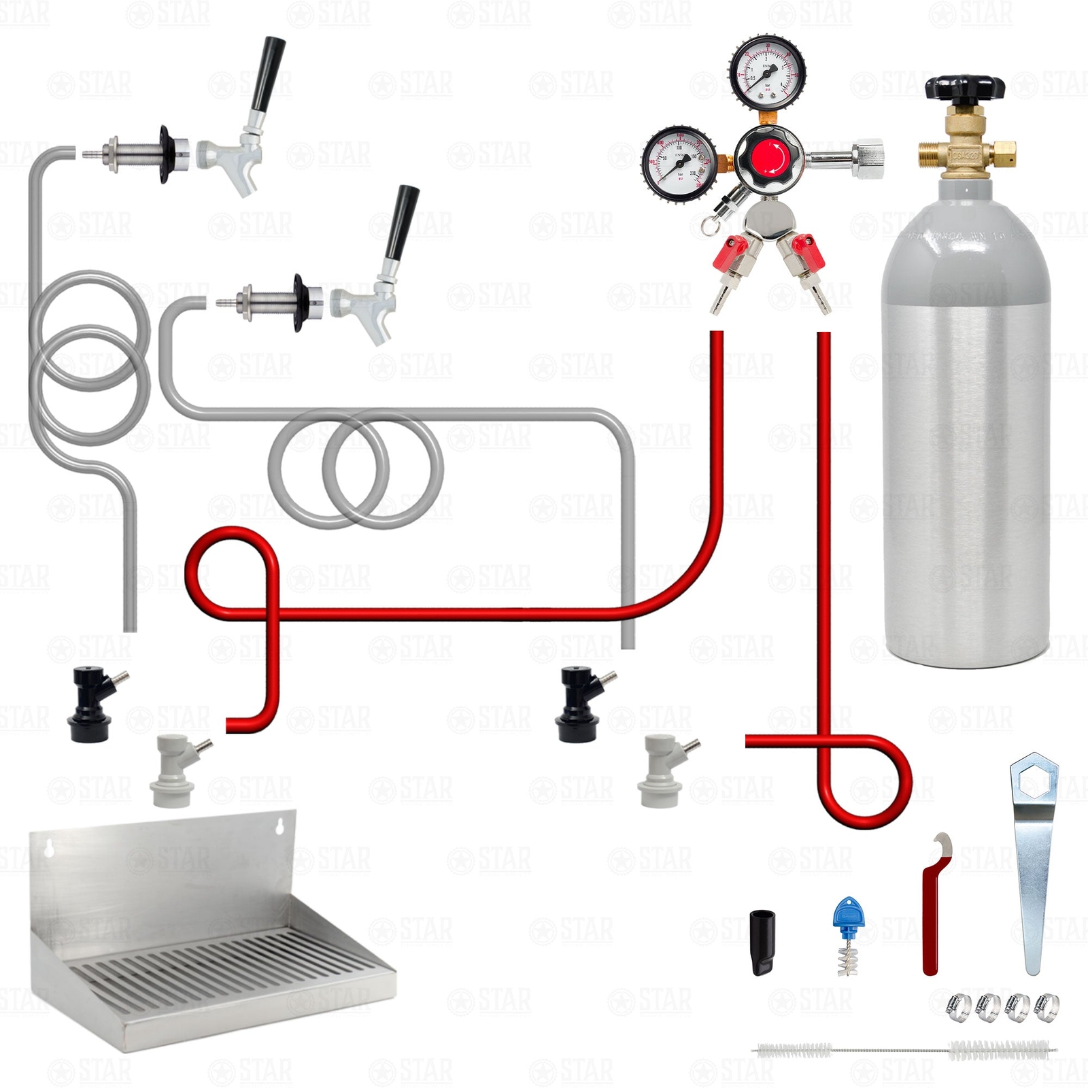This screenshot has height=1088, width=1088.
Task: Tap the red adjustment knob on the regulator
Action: [x=769, y=158]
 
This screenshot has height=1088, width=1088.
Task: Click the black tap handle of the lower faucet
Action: [x=400, y=221]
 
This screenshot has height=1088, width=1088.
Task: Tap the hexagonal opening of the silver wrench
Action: [x=1034, y=779]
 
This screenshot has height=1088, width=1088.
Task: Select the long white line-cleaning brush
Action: [x=904, y=1050]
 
